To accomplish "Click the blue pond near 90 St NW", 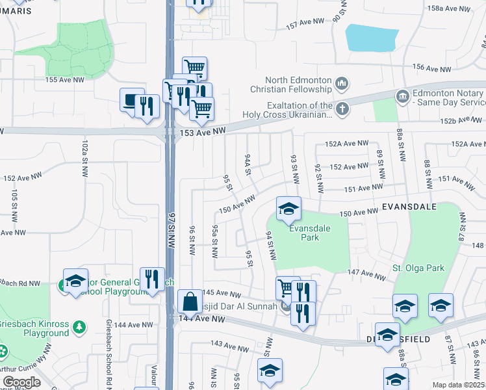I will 371,38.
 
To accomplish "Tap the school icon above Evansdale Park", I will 288,209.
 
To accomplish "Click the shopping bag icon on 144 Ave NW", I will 190,302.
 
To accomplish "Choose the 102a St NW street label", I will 84,157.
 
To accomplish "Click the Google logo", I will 21,382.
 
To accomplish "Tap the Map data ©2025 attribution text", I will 459,385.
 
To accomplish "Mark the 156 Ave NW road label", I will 431,68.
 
